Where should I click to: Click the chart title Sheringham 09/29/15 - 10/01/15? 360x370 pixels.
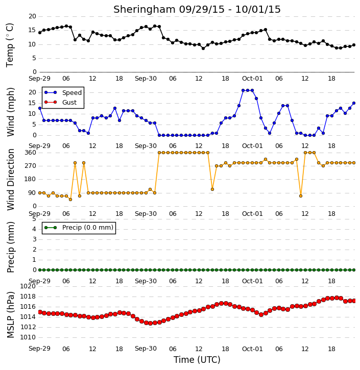[x=197, y=9]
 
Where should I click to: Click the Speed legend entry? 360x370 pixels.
[x=63, y=92]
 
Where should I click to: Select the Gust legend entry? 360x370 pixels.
[x=60, y=102]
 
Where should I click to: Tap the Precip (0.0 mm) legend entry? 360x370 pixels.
[x=79, y=228]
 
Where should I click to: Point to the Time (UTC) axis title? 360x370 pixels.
[x=197, y=360]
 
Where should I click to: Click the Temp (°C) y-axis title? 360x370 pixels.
[x=10, y=45]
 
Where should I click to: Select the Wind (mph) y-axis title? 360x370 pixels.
[x=10, y=112]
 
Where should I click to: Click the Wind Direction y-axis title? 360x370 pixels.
[x=10, y=180]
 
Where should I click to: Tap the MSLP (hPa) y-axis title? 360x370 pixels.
[x=10, y=315]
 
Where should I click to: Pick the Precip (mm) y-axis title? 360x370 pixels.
[x=10, y=248]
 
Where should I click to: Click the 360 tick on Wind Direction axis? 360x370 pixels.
[x=31, y=153]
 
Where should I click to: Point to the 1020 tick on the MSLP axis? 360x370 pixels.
[x=28, y=286]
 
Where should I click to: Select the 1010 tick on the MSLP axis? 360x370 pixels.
[x=28, y=337]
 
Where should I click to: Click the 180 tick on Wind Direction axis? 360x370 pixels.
[x=31, y=179]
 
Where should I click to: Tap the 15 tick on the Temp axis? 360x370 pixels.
[x=32, y=30]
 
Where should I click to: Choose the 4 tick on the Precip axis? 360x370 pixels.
[x=34, y=229]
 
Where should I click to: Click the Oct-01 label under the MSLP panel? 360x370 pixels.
[x=252, y=349]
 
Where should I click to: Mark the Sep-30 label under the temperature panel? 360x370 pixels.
[x=146, y=79]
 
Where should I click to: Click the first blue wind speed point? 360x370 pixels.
[x=40, y=108]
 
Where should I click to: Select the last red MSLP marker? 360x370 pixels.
[x=354, y=301]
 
